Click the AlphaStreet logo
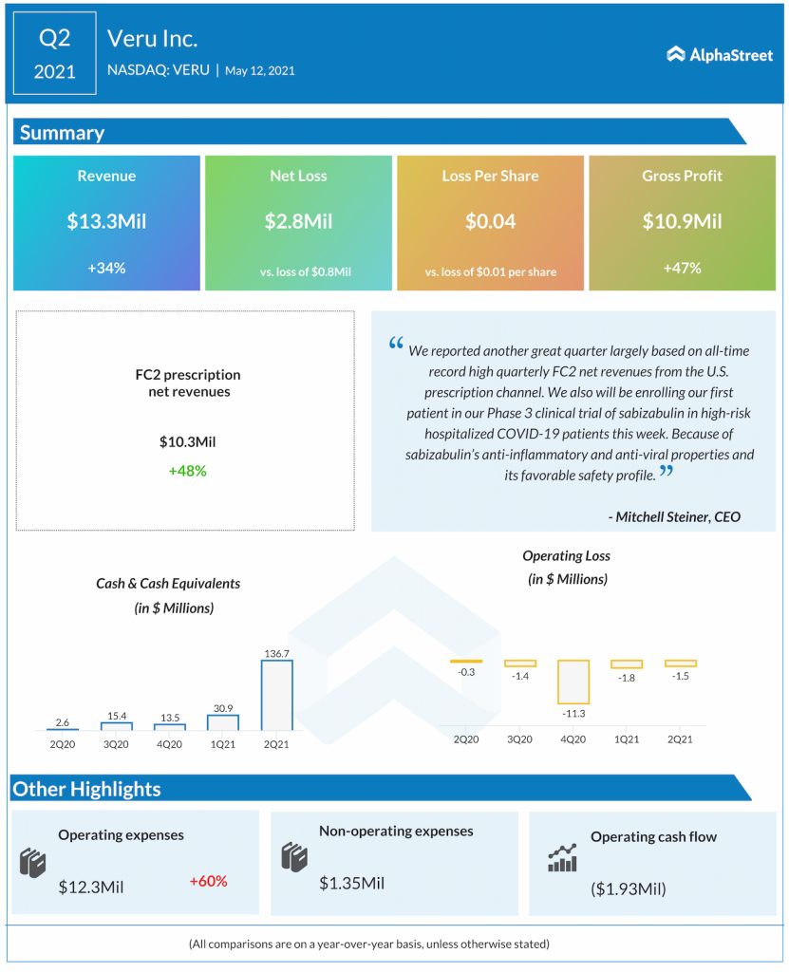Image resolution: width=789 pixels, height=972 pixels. (x=720, y=54)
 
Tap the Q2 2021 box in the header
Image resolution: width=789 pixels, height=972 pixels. (x=55, y=53)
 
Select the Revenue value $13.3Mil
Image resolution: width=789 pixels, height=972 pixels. (x=106, y=222)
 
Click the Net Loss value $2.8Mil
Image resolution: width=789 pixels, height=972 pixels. (x=298, y=222)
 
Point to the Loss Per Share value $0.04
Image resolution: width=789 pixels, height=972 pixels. (x=490, y=222)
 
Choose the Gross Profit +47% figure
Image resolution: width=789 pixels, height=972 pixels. (x=682, y=268)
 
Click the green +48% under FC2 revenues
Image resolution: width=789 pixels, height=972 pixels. (x=187, y=471)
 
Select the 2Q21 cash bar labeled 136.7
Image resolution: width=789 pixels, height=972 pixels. (x=276, y=694)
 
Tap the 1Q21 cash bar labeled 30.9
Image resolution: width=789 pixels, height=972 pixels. (x=222, y=721)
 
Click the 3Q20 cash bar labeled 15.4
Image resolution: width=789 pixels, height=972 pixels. (x=116, y=725)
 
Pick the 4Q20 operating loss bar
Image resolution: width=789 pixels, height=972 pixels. (x=573, y=680)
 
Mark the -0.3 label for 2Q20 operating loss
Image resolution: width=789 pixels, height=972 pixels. (x=466, y=672)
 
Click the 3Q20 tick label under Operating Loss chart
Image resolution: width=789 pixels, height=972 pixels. (x=519, y=738)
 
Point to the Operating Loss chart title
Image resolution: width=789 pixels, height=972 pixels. (x=567, y=555)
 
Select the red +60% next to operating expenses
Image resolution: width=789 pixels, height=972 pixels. (x=208, y=881)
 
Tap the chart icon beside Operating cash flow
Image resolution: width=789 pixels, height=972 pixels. (x=562, y=858)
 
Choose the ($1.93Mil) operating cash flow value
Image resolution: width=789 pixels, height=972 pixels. (x=628, y=888)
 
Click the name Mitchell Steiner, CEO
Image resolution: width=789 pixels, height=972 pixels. (x=674, y=516)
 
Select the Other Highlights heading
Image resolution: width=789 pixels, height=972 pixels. (x=86, y=789)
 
